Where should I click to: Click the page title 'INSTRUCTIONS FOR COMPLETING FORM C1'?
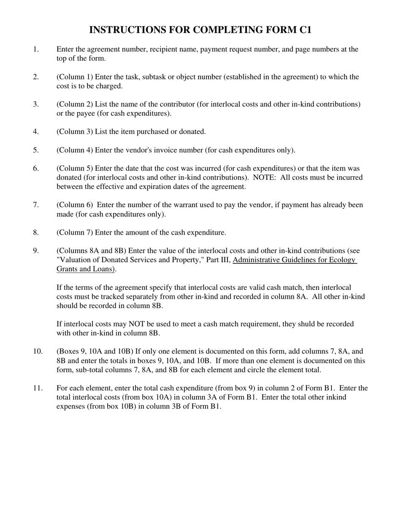point(200,30)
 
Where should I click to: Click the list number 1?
point(35,49)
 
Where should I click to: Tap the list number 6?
point(35,168)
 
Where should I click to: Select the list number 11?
point(38,388)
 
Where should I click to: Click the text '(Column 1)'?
point(75,77)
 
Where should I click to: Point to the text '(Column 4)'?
point(75,150)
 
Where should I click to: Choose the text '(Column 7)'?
point(75,232)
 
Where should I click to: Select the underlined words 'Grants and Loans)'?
point(86,269)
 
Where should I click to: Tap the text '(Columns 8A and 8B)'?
point(92,251)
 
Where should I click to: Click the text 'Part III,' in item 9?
point(218,260)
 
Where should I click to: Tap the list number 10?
point(38,351)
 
